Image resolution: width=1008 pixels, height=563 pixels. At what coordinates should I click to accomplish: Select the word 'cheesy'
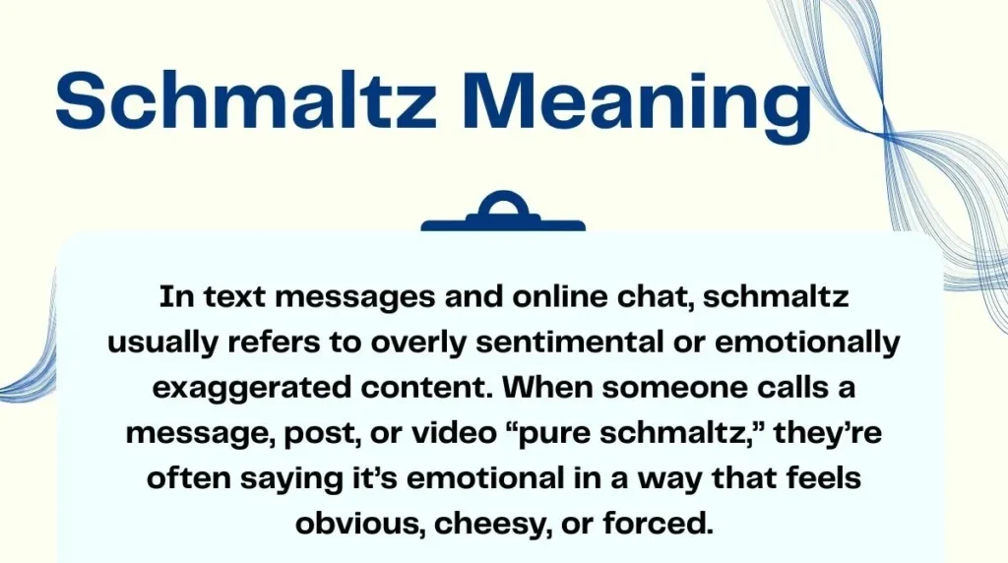(485, 523)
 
